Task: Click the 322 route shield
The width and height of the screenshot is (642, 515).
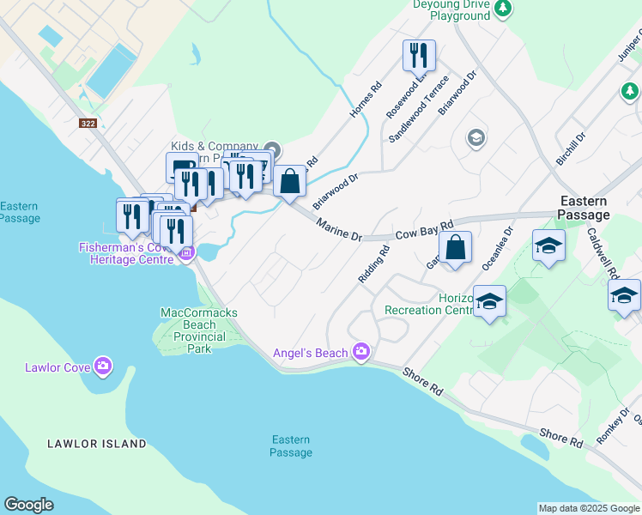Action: coord(88,124)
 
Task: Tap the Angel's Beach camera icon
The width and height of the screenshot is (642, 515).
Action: coord(360,352)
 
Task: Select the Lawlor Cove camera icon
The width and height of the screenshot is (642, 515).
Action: coord(103,367)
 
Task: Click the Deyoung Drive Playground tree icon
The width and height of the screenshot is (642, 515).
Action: coord(503,9)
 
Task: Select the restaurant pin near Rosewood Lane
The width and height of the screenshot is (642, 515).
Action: coord(419,57)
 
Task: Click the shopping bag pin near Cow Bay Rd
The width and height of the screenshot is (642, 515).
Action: coord(456,249)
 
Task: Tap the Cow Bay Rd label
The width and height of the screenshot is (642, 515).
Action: coord(423,231)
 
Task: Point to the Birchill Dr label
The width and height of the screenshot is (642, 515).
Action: coord(570,149)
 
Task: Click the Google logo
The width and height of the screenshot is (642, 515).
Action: coord(29,505)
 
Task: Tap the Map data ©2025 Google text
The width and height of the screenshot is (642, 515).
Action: coord(589,508)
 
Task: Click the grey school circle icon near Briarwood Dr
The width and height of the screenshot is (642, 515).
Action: coord(475,137)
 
